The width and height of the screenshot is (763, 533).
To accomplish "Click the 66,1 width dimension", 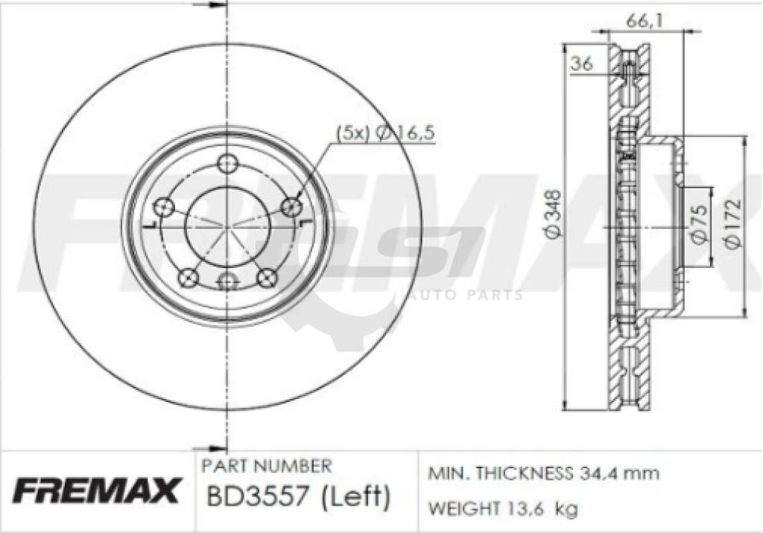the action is [644, 21].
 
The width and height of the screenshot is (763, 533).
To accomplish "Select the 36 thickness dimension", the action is [581, 63].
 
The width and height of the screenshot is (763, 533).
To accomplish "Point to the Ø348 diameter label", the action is [554, 214].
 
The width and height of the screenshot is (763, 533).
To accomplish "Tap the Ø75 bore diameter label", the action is [698, 224].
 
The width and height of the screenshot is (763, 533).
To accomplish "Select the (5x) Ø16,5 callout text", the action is [385, 133].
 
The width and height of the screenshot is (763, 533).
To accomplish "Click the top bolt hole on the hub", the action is [227, 164].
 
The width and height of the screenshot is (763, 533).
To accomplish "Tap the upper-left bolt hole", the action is [163, 207].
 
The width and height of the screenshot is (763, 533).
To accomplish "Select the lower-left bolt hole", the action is [188, 278].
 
